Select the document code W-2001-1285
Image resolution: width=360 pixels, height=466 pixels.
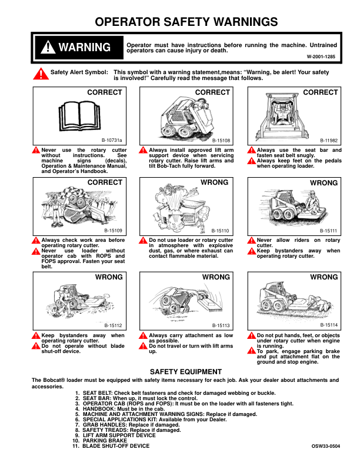[x=321, y=56]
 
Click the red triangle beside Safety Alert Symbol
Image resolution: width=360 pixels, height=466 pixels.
[x=39, y=74]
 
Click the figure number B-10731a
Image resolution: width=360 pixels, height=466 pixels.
[x=112, y=141]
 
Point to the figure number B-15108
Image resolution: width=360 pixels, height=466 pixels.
[x=221, y=141]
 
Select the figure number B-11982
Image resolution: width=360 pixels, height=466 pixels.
[x=329, y=141]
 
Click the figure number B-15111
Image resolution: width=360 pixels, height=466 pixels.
[x=329, y=231]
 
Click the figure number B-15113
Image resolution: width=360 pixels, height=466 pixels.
[x=221, y=325]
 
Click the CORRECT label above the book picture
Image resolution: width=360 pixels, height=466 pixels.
[x=105, y=92]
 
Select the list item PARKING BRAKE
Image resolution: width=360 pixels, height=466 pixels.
[x=105, y=441]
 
